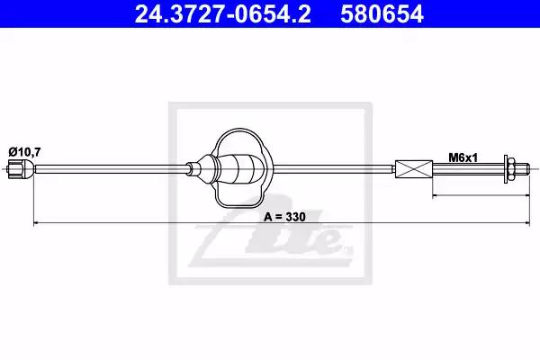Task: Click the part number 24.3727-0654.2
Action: pyautogui.click(x=222, y=13)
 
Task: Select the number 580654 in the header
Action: pyautogui.click(x=382, y=13)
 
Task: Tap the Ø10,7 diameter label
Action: pyautogui.click(x=24, y=151)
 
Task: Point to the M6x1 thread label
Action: pyautogui.click(x=463, y=157)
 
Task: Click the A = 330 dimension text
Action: pyautogui.click(x=284, y=217)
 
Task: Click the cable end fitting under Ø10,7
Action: pyautogui.click(x=21, y=169)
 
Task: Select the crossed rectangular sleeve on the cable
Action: pyautogui.click(x=414, y=169)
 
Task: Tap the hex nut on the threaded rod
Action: pyautogui.click(x=511, y=169)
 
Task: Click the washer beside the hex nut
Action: pyautogui.click(x=506, y=169)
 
